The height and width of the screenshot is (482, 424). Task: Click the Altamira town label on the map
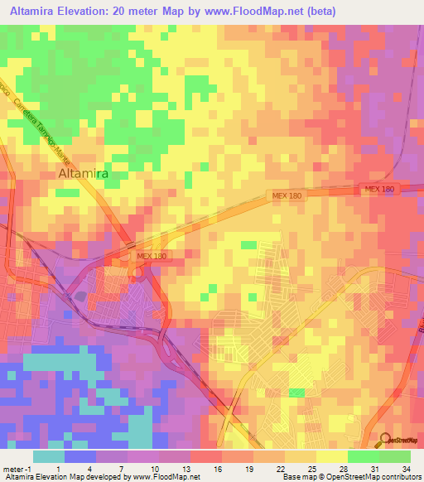point(84,175)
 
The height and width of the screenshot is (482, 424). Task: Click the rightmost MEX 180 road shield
point(380,190)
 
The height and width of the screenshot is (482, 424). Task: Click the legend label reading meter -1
point(16,467)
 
